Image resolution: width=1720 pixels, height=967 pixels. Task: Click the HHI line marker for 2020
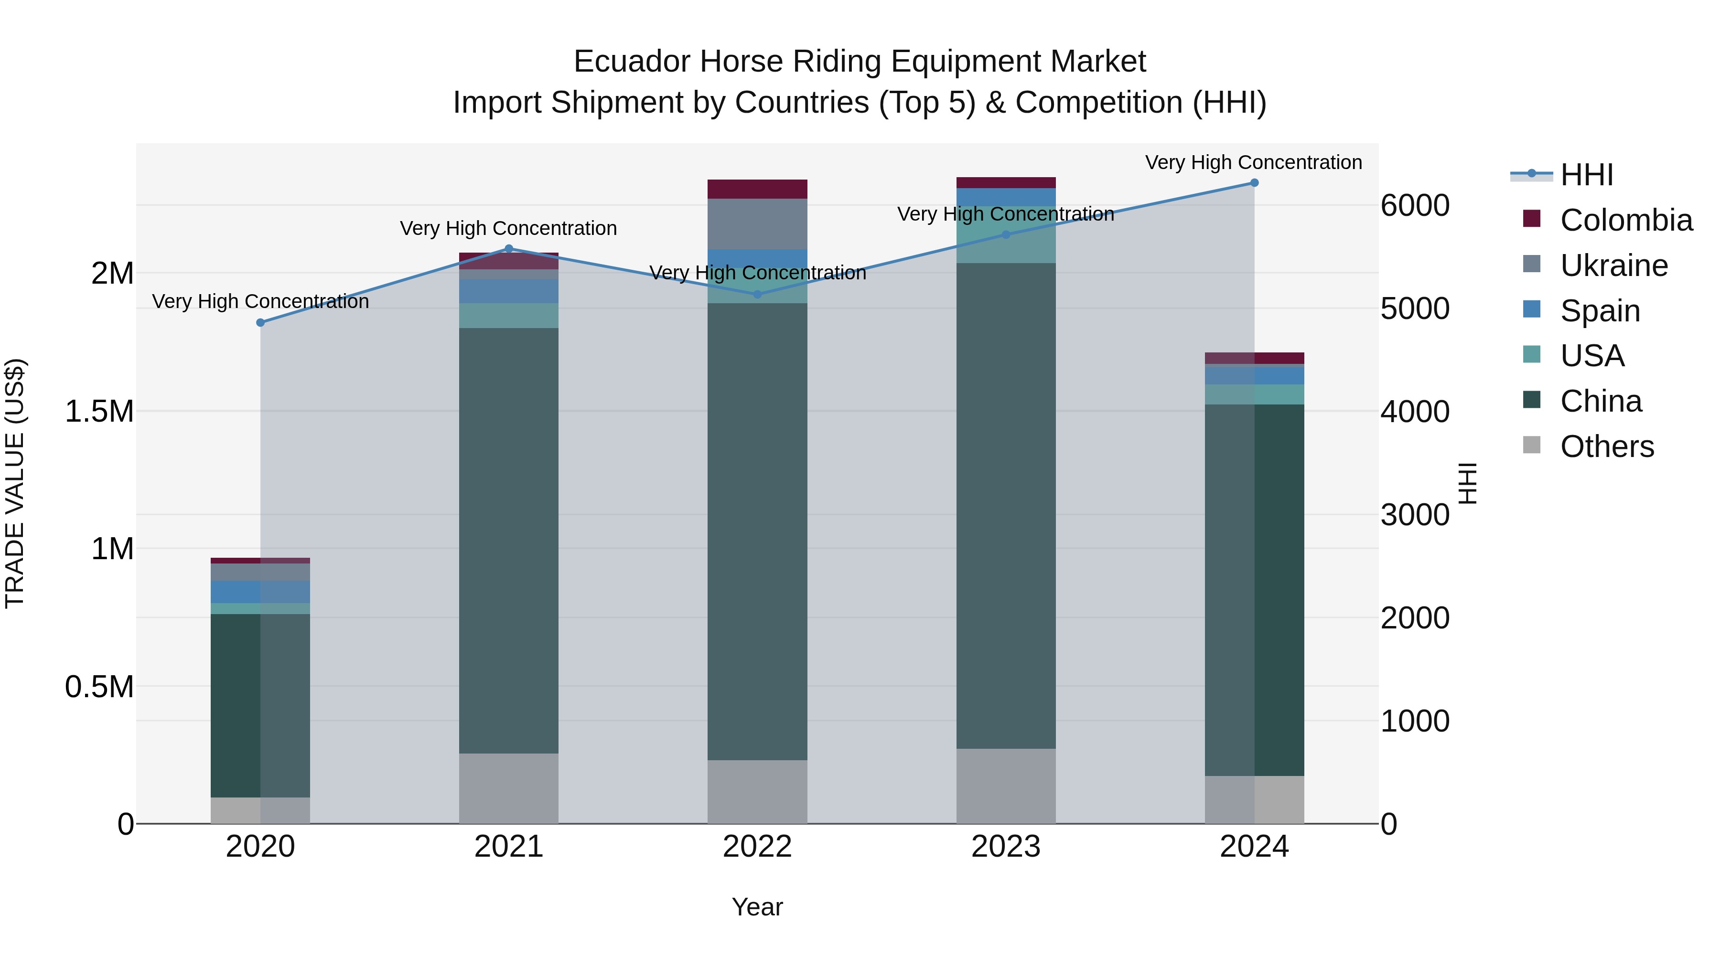tap(260, 322)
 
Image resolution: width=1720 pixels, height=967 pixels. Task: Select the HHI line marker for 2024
tap(1254, 183)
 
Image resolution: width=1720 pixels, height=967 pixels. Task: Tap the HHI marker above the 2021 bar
tap(509, 249)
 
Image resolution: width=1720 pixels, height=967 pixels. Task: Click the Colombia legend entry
tap(1626, 220)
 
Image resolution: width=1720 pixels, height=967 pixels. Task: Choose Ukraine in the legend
tap(1614, 266)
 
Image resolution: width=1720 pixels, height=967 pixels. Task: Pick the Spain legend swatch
tap(1532, 309)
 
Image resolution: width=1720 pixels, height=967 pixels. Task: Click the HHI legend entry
tap(1586, 175)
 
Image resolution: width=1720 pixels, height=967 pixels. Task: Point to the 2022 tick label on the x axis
tap(757, 847)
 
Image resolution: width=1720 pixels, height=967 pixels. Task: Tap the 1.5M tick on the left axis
tap(99, 411)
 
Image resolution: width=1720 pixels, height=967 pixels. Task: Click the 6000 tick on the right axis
tap(1415, 205)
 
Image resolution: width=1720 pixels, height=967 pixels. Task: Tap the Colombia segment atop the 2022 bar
tap(757, 189)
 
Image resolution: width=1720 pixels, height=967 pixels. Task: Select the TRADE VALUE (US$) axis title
tap(15, 483)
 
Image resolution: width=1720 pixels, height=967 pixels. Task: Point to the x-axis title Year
tap(757, 907)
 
